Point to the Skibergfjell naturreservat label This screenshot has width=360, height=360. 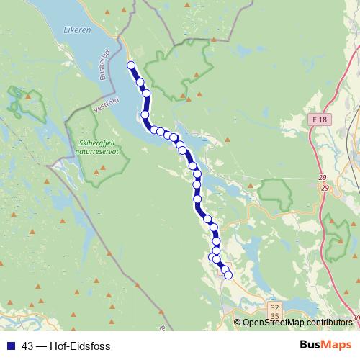point(99,148)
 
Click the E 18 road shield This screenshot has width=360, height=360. point(320,118)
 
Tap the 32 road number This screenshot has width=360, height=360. point(274,307)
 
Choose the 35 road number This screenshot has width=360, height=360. point(274,316)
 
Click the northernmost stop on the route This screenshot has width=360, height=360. point(131,66)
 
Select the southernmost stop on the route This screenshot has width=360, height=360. point(228,274)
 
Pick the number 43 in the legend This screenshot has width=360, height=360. point(27,346)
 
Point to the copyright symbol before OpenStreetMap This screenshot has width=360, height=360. point(238,323)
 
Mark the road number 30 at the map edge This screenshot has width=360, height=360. point(356,318)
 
